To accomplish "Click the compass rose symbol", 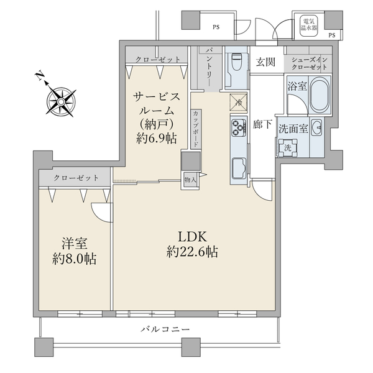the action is pyautogui.click(x=61, y=102).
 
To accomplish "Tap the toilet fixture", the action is pyautogui.click(x=236, y=62).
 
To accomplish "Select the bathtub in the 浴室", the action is pyautogui.click(x=320, y=95).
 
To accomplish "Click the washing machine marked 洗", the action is pyautogui.click(x=288, y=147).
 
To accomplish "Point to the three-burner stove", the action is pyautogui.click(x=239, y=128).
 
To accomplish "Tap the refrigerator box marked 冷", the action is pyautogui.click(x=238, y=103).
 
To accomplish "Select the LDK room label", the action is pyautogui.click(x=192, y=237).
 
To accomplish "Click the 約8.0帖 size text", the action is pyautogui.click(x=74, y=259).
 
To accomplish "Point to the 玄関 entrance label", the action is pyautogui.click(x=265, y=62).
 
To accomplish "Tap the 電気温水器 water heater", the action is pyautogui.click(x=308, y=25).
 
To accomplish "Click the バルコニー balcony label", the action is pyautogui.click(x=166, y=329).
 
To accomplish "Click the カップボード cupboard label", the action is pyautogui.click(x=196, y=129).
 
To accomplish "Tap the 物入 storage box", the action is pyautogui.click(x=191, y=180).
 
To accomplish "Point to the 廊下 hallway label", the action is pyautogui.click(x=262, y=124).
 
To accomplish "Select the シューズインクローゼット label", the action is pyautogui.click(x=309, y=63).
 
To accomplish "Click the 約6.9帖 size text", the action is pyautogui.click(x=157, y=138).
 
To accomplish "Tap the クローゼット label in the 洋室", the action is pyautogui.click(x=76, y=178).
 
